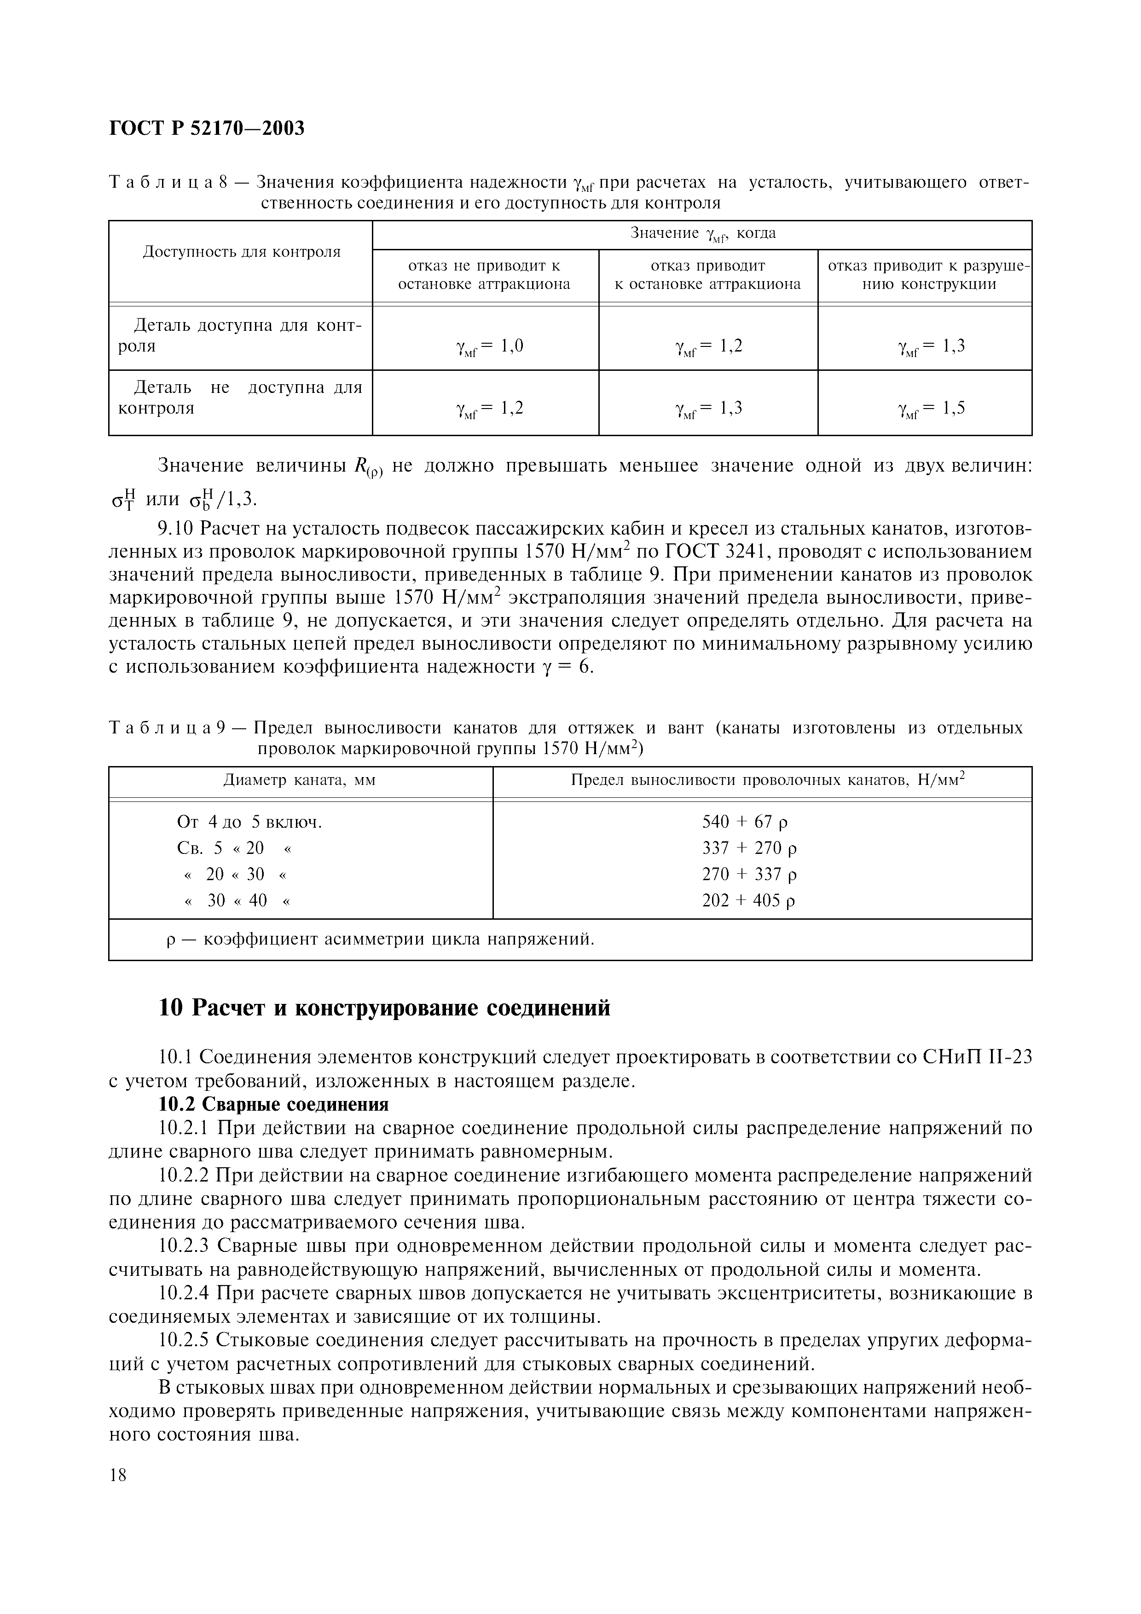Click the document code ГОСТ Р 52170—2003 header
pos(208,129)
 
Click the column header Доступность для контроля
pos(241,252)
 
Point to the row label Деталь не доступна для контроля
pos(240,398)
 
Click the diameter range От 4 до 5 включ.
pos(249,822)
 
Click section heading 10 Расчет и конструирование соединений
pos(384,1008)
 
